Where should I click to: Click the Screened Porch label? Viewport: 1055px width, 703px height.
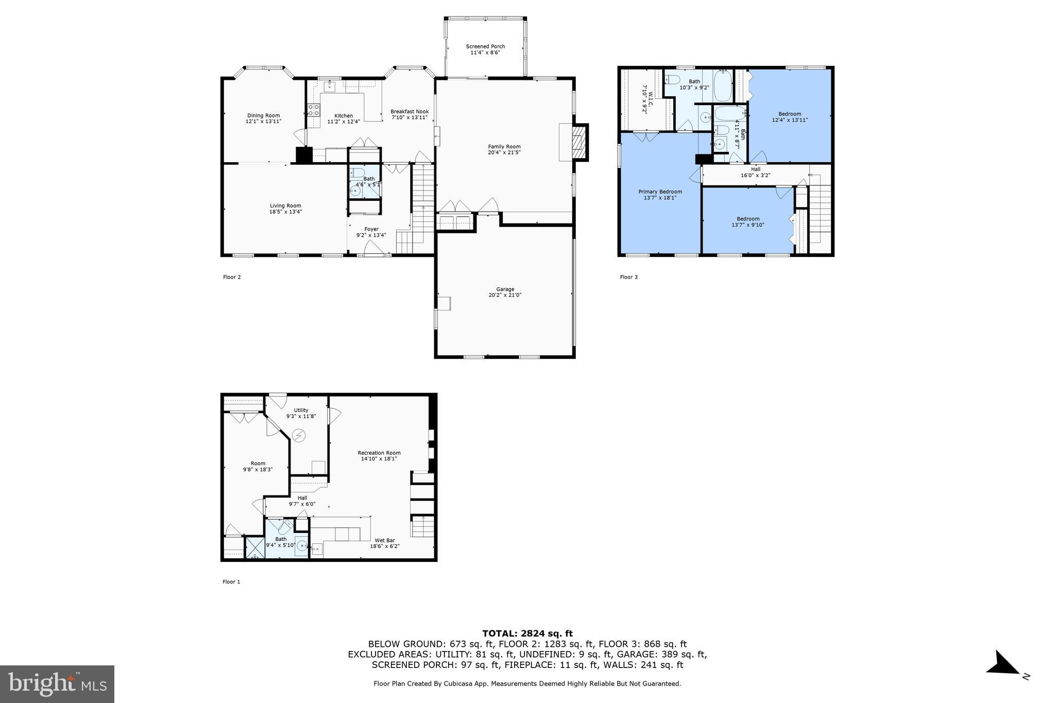pos(485,47)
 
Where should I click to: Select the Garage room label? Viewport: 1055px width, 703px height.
pos(505,289)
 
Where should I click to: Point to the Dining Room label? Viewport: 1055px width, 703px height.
pos(263,116)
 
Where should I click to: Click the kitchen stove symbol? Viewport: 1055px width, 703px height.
pos(313,110)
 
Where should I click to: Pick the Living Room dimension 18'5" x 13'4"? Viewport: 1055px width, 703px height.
pos(285,212)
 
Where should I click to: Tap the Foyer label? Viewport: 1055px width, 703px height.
pos(371,229)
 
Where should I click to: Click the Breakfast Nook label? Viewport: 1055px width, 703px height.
pos(409,112)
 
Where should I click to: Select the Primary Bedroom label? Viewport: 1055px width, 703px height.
pos(660,192)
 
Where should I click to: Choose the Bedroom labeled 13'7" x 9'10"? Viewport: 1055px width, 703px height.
pos(747,222)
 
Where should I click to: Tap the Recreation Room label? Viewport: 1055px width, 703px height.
pos(379,453)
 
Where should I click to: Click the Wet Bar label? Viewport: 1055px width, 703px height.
pos(384,540)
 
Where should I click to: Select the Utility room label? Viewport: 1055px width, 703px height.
pos(301,410)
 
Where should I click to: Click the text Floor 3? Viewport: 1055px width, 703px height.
pos(628,277)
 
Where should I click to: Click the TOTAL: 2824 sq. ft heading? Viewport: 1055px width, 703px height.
pos(527,633)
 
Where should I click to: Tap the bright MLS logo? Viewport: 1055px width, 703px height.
pos(57,683)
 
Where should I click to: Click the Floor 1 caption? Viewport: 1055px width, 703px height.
pos(231,582)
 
